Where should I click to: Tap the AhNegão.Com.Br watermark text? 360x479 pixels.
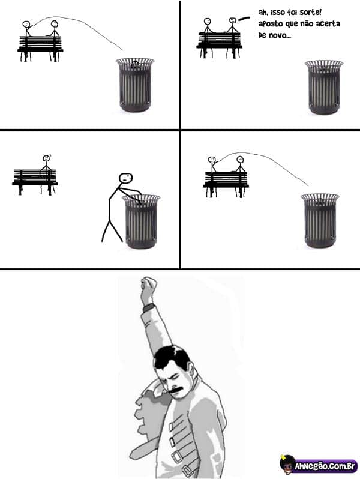325,466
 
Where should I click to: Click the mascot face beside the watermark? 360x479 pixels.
287,464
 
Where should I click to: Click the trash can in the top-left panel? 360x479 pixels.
135,85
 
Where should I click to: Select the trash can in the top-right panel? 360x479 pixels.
324,88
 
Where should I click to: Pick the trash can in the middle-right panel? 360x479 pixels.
320,220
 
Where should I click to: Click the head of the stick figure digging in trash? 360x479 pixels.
125,178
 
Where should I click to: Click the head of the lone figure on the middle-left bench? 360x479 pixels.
46,158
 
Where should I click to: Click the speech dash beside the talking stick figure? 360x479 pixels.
244,19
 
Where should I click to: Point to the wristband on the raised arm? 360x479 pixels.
149,307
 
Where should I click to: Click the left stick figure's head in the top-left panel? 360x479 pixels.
26,25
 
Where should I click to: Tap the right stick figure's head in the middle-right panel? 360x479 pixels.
240,160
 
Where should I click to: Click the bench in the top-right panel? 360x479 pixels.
219,44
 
